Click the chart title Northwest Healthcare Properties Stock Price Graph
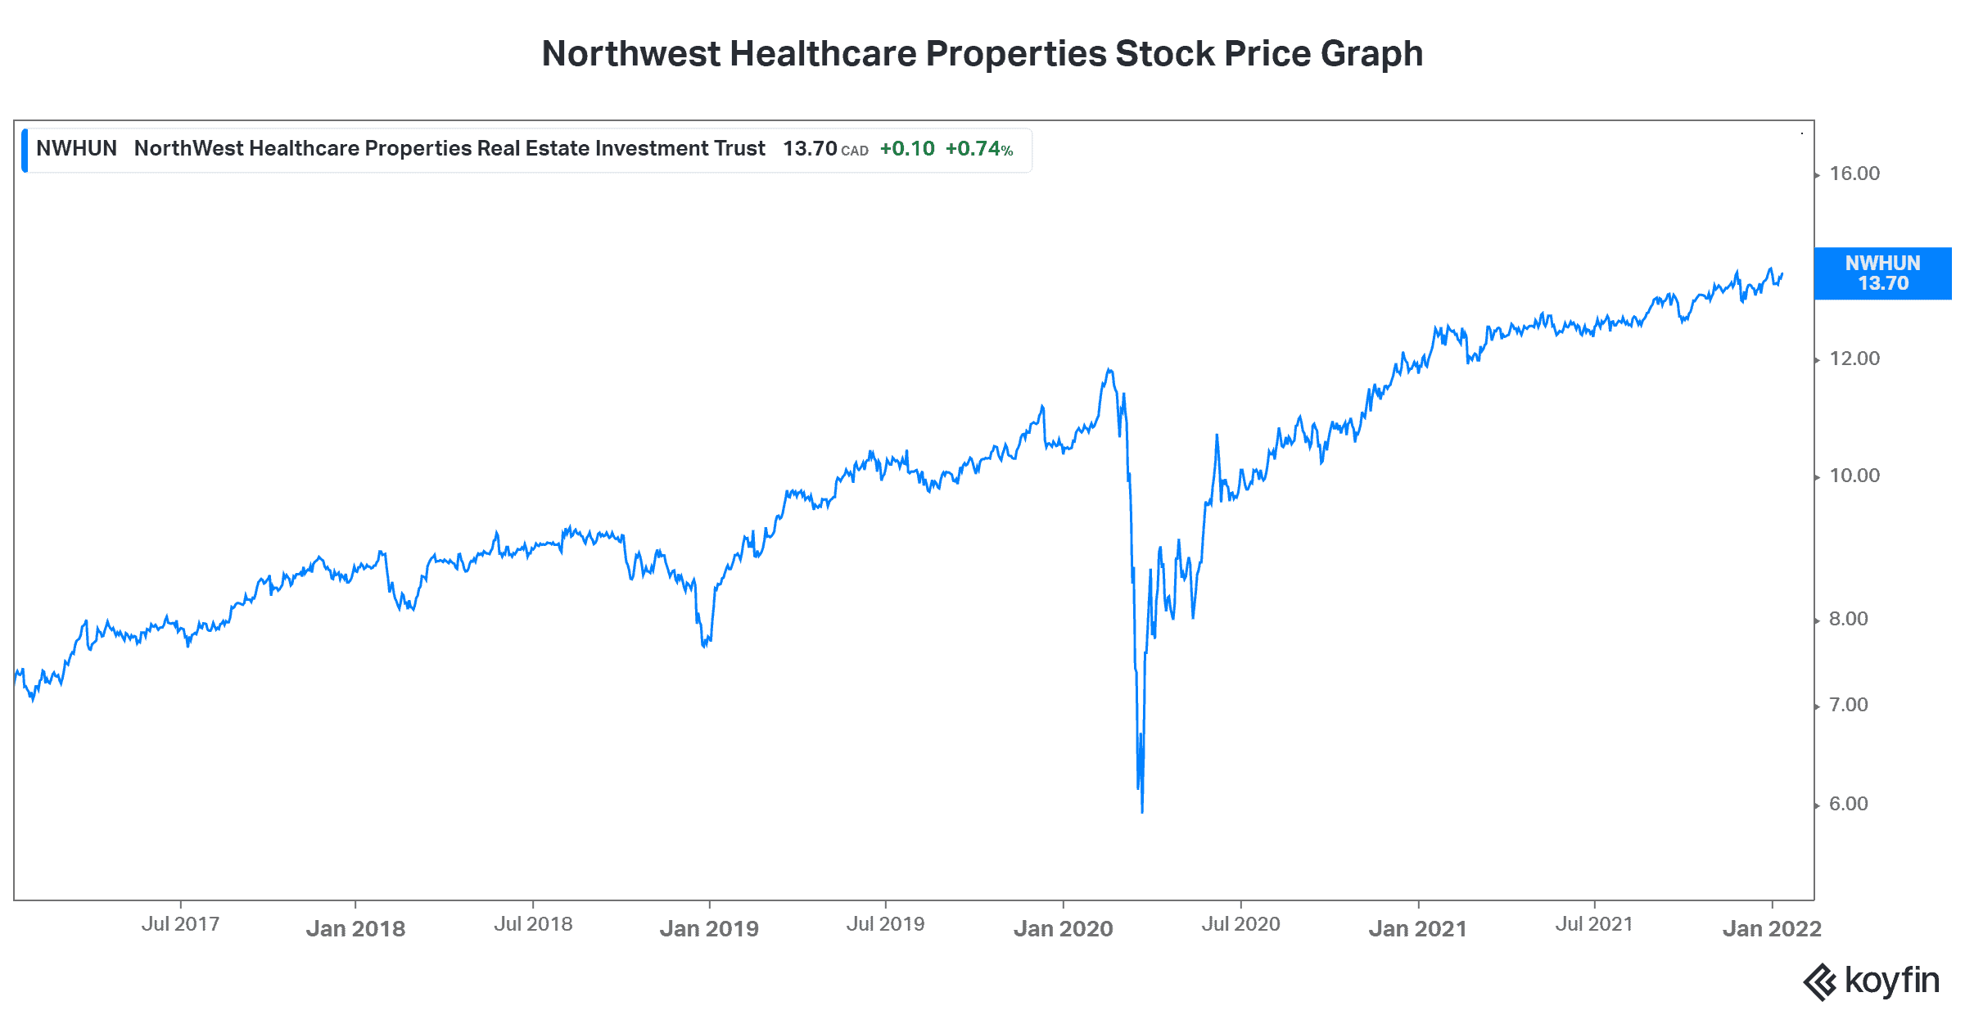(982, 54)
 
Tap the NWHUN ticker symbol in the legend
(76, 149)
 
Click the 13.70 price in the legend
(810, 149)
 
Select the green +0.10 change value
(907, 149)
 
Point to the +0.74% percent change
(979, 149)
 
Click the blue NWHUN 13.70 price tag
(1882, 273)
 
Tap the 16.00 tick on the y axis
(1854, 174)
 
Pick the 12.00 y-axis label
(1854, 359)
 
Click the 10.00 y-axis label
(1854, 476)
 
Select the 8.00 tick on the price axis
(1849, 619)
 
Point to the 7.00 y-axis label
(1849, 705)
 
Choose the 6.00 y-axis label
(1849, 804)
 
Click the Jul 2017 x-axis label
(180, 924)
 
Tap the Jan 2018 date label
(355, 928)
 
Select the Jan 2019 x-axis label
(709, 928)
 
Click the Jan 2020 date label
(1063, 928)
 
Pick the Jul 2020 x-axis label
(1240, 924)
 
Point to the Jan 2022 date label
(1772, 928)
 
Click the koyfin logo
(1871, 981)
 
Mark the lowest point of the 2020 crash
(1142, 812)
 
